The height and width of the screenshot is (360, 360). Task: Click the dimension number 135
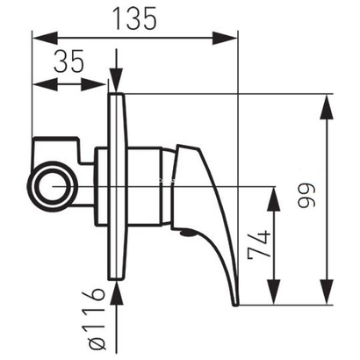[x=134, y=18]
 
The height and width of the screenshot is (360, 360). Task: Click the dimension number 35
[x=69, y=61]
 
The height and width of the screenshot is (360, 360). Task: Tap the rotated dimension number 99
[x=306, y=196]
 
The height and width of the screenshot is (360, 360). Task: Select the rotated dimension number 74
[x=259, y=245]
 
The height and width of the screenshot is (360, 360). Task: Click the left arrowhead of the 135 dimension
[x=45, y=38]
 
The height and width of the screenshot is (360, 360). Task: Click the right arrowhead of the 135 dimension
[x=225, y=38]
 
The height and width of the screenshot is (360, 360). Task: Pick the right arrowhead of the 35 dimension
[x=93, y=84]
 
